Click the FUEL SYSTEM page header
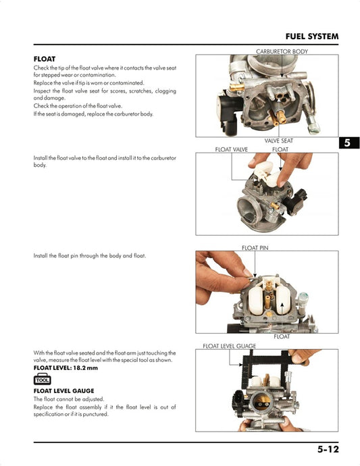pyautogui.click(x=311, y=36)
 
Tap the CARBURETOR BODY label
pyautogui.click(x=282, y=51)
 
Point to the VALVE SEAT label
pyautogui.click(x=278, y=140)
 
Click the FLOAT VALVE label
pyautogui.click(x=231, y=149)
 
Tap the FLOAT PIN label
pyautogui.click(x=255, y=248)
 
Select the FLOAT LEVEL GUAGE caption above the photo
pyautogui.click(x=230, y=346)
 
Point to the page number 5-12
pyautogui.click(x=328, y=449)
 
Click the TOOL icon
pyautogui.click(x=43, y=379)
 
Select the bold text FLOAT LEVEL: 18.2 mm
pyautogui.click(x=66, y=368)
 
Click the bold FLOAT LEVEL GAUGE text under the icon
pyautogui.click(x=63, y=391)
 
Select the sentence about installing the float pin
pyautogui.click(x=89, y=256)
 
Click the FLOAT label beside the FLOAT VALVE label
pyautogui.click(x=280, y=149)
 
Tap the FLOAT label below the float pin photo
pyautogui.click(x=282, y=336)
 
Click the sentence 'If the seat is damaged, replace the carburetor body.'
pyautogui.click(x=93, y=113)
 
